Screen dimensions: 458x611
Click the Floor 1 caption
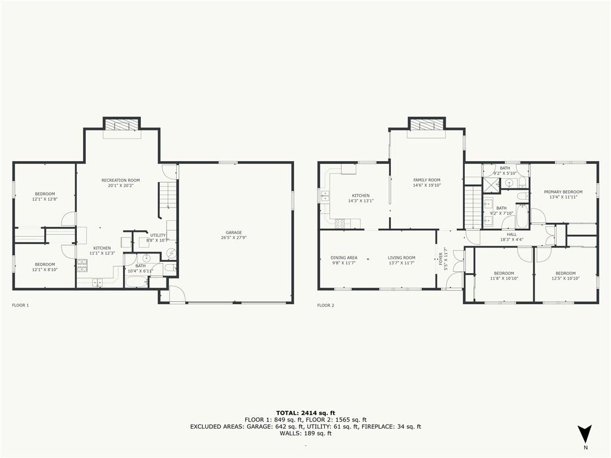(x=20, y=305)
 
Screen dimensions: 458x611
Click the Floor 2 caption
(x=325, y=305)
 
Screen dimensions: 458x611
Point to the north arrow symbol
(x=585, y=434)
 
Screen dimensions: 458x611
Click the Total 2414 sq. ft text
(x=305, y=413)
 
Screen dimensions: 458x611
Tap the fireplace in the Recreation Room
(x=122, y=124)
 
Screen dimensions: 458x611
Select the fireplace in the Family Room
(x=427, y=124)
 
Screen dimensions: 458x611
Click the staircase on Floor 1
(x=166, y=200)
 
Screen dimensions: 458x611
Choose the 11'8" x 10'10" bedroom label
(x=504, y=276)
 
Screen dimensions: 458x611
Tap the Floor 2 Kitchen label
(x=360, y=198)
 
